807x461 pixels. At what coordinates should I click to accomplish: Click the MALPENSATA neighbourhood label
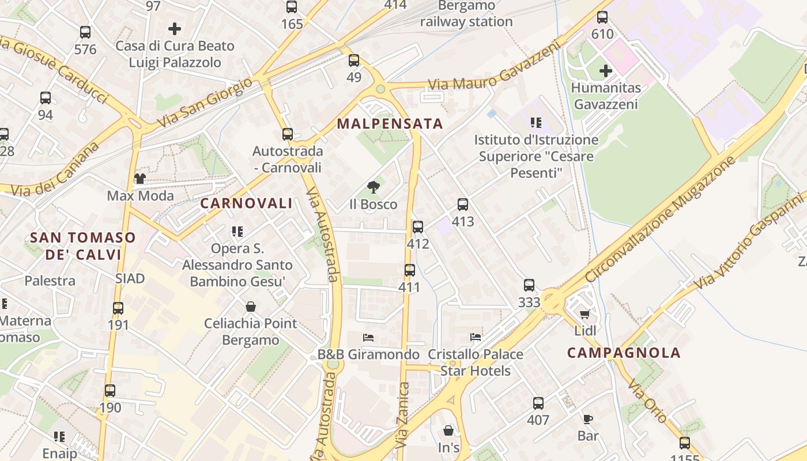390,124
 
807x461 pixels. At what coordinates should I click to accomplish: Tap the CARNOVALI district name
246,203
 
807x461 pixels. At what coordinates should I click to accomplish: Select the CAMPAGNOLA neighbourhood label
624,353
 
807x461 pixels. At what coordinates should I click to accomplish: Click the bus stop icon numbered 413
462,205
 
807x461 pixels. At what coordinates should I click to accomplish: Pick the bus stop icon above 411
409,270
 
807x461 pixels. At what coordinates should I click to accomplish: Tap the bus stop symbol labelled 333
529,285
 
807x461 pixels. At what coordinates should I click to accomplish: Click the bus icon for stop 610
602,17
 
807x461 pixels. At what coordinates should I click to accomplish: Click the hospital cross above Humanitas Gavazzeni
605,71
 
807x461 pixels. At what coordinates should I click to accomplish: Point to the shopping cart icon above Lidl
585,314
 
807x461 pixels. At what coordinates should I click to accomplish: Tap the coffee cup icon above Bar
587,419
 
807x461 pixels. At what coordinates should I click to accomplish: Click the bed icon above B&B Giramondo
368,337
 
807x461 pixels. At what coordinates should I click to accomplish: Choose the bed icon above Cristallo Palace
476,337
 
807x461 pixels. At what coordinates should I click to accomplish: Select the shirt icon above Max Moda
140,179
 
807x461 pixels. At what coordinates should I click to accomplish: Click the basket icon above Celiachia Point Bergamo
251,307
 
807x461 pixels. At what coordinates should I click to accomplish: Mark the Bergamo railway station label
466,14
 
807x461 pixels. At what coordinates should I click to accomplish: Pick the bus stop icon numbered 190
110,391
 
